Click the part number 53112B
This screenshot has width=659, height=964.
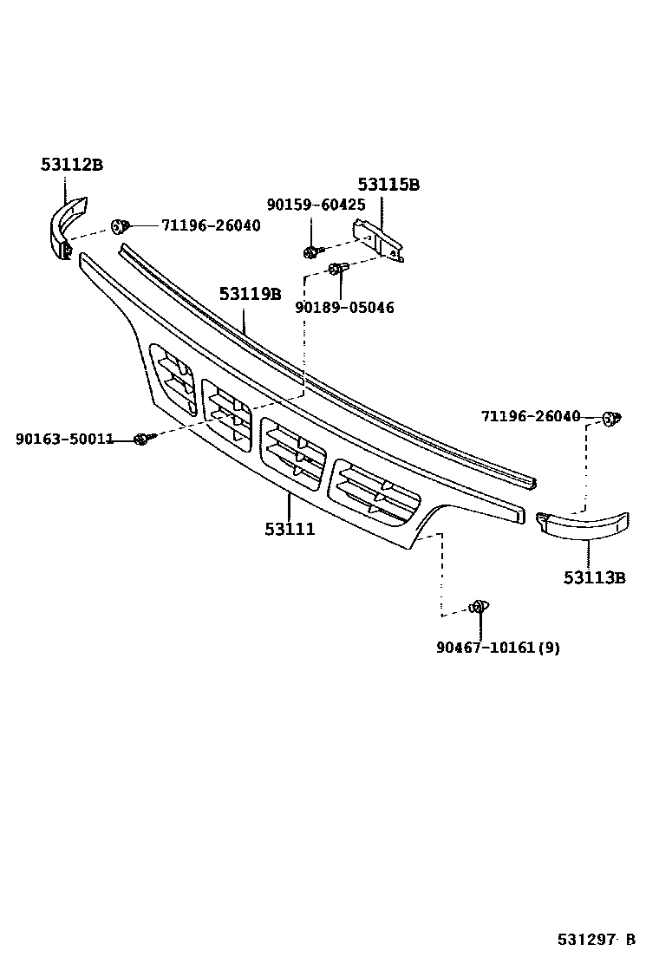click(71, 164)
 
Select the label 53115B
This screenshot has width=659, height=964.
click(388, 185)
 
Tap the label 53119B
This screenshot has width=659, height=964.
click(250, 294)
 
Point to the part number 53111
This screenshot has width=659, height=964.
click(290, 529)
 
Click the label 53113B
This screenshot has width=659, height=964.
click(594, 577)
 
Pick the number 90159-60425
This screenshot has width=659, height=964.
click(316, 205)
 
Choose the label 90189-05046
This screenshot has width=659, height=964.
click(344, 308)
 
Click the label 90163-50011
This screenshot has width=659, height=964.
click(64, 439)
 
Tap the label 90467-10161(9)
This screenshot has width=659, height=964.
click(498, 647)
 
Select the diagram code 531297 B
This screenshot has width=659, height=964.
click(597, 939)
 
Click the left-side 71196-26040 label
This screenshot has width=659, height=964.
click(210, 225)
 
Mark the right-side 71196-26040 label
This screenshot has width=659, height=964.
click(531, 417)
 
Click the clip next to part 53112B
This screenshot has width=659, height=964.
click(120, 227)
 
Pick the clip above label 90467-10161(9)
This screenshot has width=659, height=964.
click(478, 608)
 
